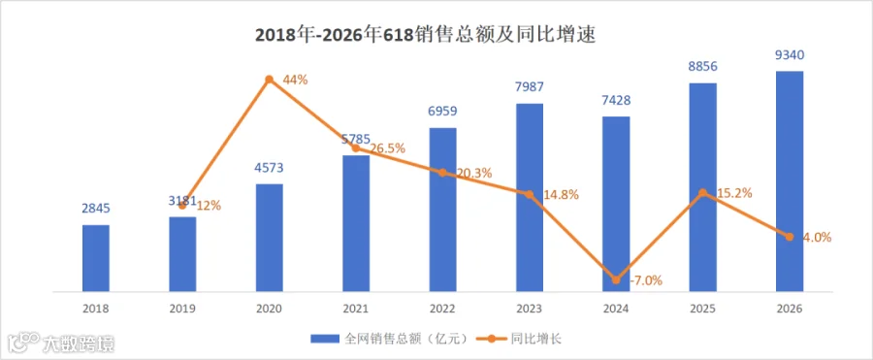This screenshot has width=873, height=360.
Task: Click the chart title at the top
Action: [426, 35]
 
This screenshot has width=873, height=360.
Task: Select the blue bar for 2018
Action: [96, 258]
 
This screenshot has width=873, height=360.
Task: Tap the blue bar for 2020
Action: [270, 238]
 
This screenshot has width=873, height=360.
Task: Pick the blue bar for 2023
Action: [530, 197]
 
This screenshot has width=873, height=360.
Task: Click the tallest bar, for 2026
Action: [790, 181]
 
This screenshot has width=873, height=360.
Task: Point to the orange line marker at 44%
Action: [270, 80]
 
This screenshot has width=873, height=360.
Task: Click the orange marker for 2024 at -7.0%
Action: [616, 279]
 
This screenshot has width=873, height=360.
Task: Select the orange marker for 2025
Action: [703, 193]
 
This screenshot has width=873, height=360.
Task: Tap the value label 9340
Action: [790, 54]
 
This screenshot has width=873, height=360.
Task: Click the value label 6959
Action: [442, 111]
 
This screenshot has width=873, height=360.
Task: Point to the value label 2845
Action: [96, 209]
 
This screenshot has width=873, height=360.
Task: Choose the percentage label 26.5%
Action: [386, 148]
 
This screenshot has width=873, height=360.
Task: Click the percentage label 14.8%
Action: [560, 195]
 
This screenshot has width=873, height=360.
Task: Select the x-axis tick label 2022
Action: [442, 308]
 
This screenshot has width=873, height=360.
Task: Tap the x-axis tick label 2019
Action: [182, 308]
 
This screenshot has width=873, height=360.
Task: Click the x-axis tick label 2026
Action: [790, 308]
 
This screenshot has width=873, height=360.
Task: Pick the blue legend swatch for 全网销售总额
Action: [325, 339]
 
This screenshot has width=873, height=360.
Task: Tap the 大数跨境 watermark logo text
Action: [79, 343]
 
